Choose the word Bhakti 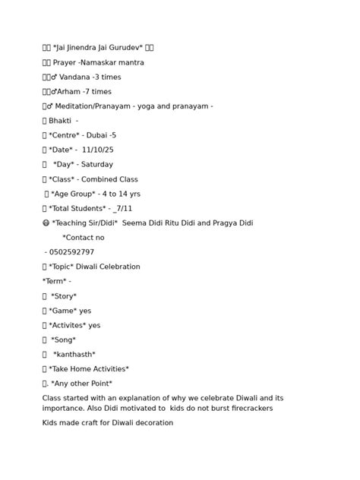coord(60,121)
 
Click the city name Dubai coord(96,135)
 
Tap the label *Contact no coord(84,238)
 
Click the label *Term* coord(56,281)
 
